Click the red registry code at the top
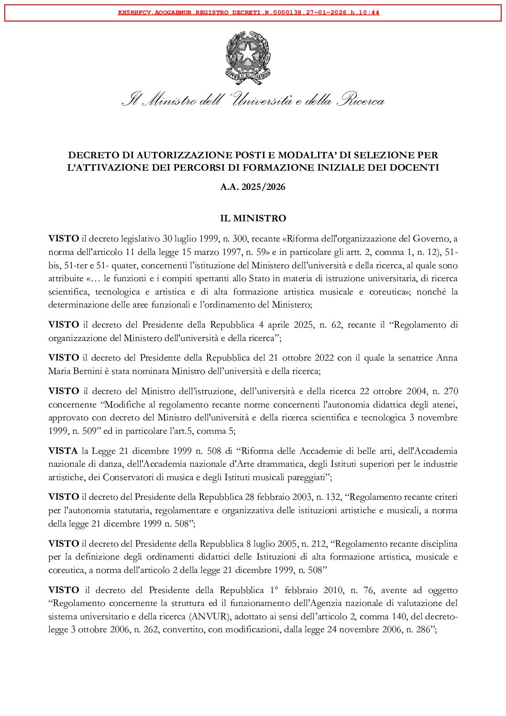point(249,13)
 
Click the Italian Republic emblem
point(248,57)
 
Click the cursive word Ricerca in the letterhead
point(361,100)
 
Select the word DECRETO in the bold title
point(90,155)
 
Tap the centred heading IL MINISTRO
point(253,218)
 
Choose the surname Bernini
point(89,371)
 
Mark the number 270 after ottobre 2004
point(451,391)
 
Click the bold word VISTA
point(63,451)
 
